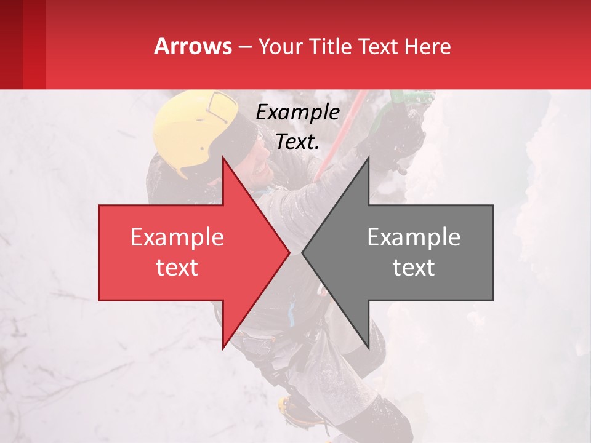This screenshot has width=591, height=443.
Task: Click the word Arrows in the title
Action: (193, 46)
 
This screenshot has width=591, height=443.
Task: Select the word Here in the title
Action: (428, 46)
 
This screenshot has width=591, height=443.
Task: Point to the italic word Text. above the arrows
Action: (297, 142)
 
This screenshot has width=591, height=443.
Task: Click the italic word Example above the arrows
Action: (297, 113)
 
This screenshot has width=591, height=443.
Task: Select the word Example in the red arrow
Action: (177, 237)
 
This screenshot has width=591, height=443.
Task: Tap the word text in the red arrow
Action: (177, 267)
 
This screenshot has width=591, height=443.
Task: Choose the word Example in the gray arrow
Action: (414, 237)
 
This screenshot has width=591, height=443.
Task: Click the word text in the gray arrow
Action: (414, 267)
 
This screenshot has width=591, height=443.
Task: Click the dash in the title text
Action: (244, 47)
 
